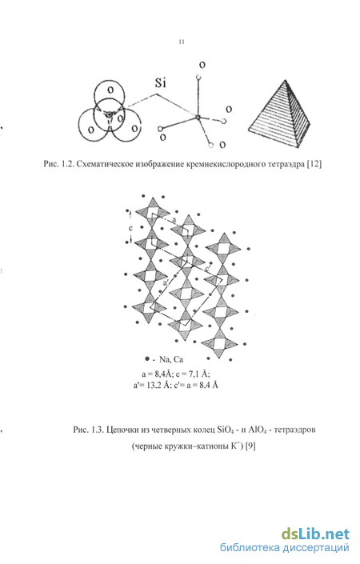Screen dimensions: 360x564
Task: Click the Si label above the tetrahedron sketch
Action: coord(160,82)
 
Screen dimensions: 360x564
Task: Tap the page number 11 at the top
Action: coord(182,42)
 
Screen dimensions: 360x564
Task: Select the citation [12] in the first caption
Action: coord(314,164)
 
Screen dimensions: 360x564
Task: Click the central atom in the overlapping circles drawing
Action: coord(108,114)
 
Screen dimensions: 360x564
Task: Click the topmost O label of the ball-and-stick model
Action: coord(202,65)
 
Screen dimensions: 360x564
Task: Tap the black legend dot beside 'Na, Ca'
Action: coord(146,358)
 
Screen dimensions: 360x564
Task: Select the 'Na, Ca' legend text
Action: coord(171,359)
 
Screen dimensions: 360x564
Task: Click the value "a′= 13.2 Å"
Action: coord(151,385)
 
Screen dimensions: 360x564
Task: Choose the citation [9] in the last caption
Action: coord(250,446)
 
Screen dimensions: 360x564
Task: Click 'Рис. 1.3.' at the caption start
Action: coord(88,430)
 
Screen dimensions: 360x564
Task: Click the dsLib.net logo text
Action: coord(315,534)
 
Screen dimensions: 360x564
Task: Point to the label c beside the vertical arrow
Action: coord(131,228)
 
